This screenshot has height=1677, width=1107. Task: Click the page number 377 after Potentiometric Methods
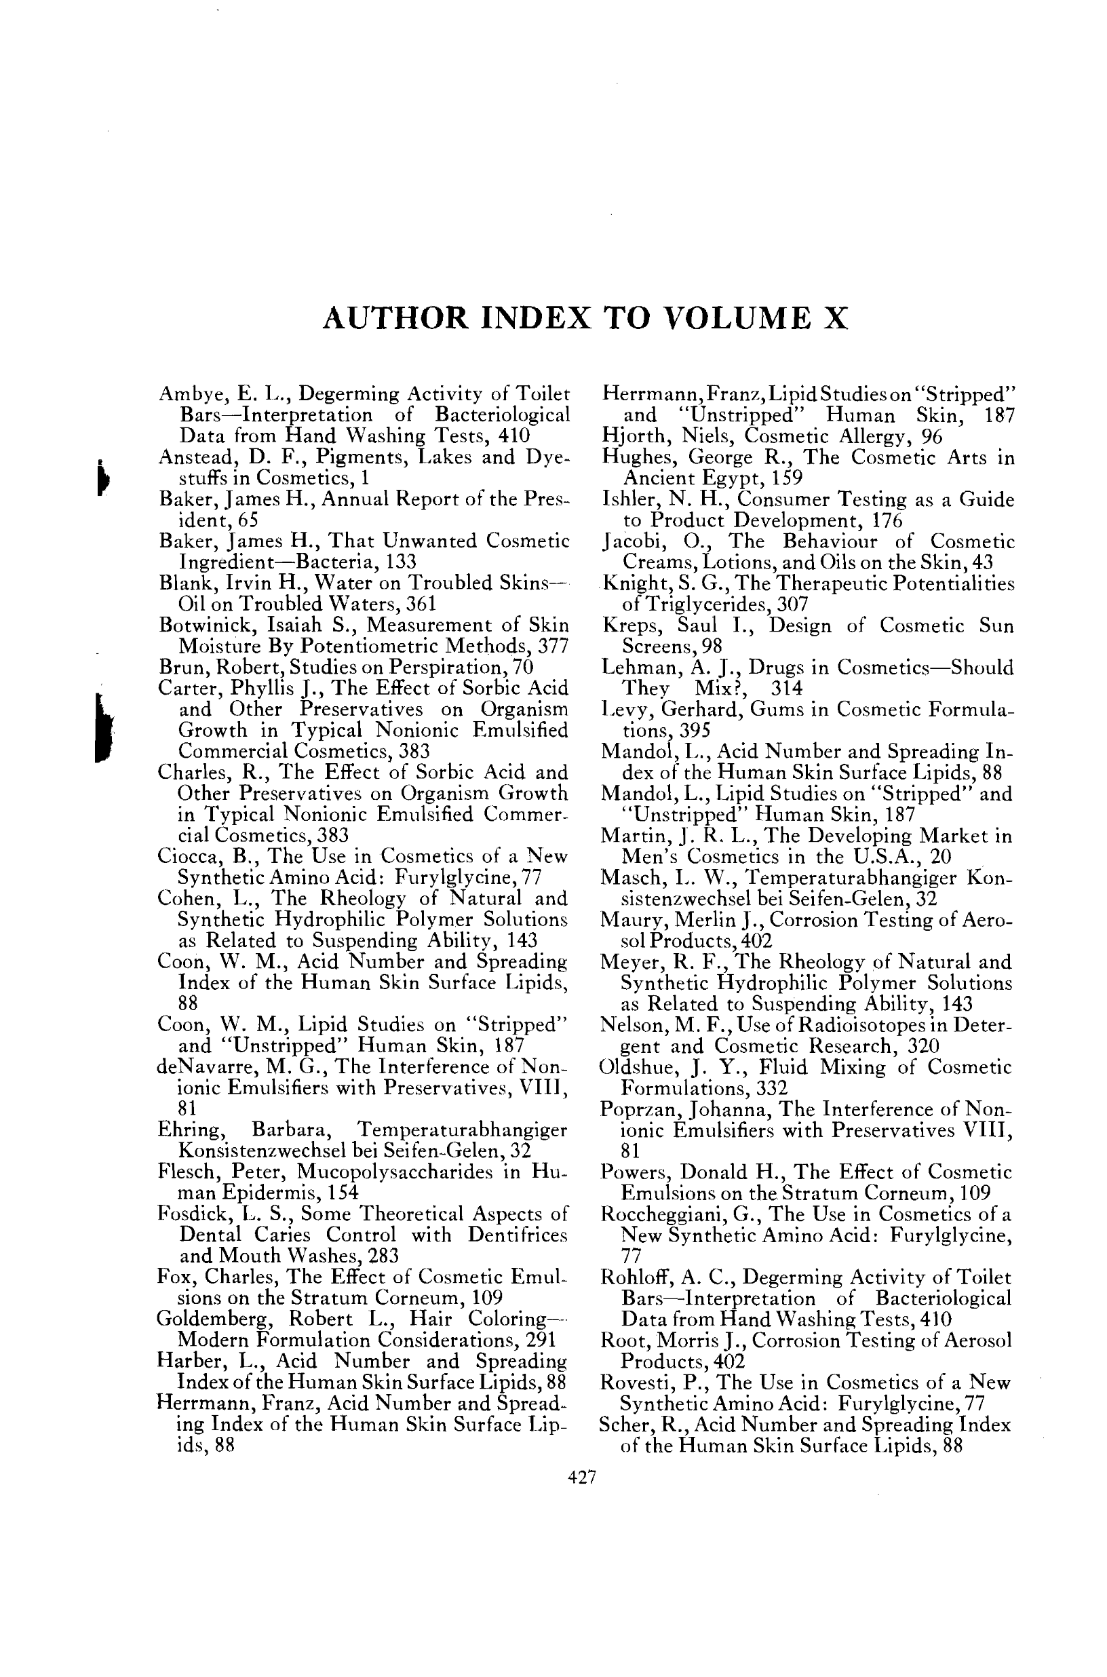[553, 646]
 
